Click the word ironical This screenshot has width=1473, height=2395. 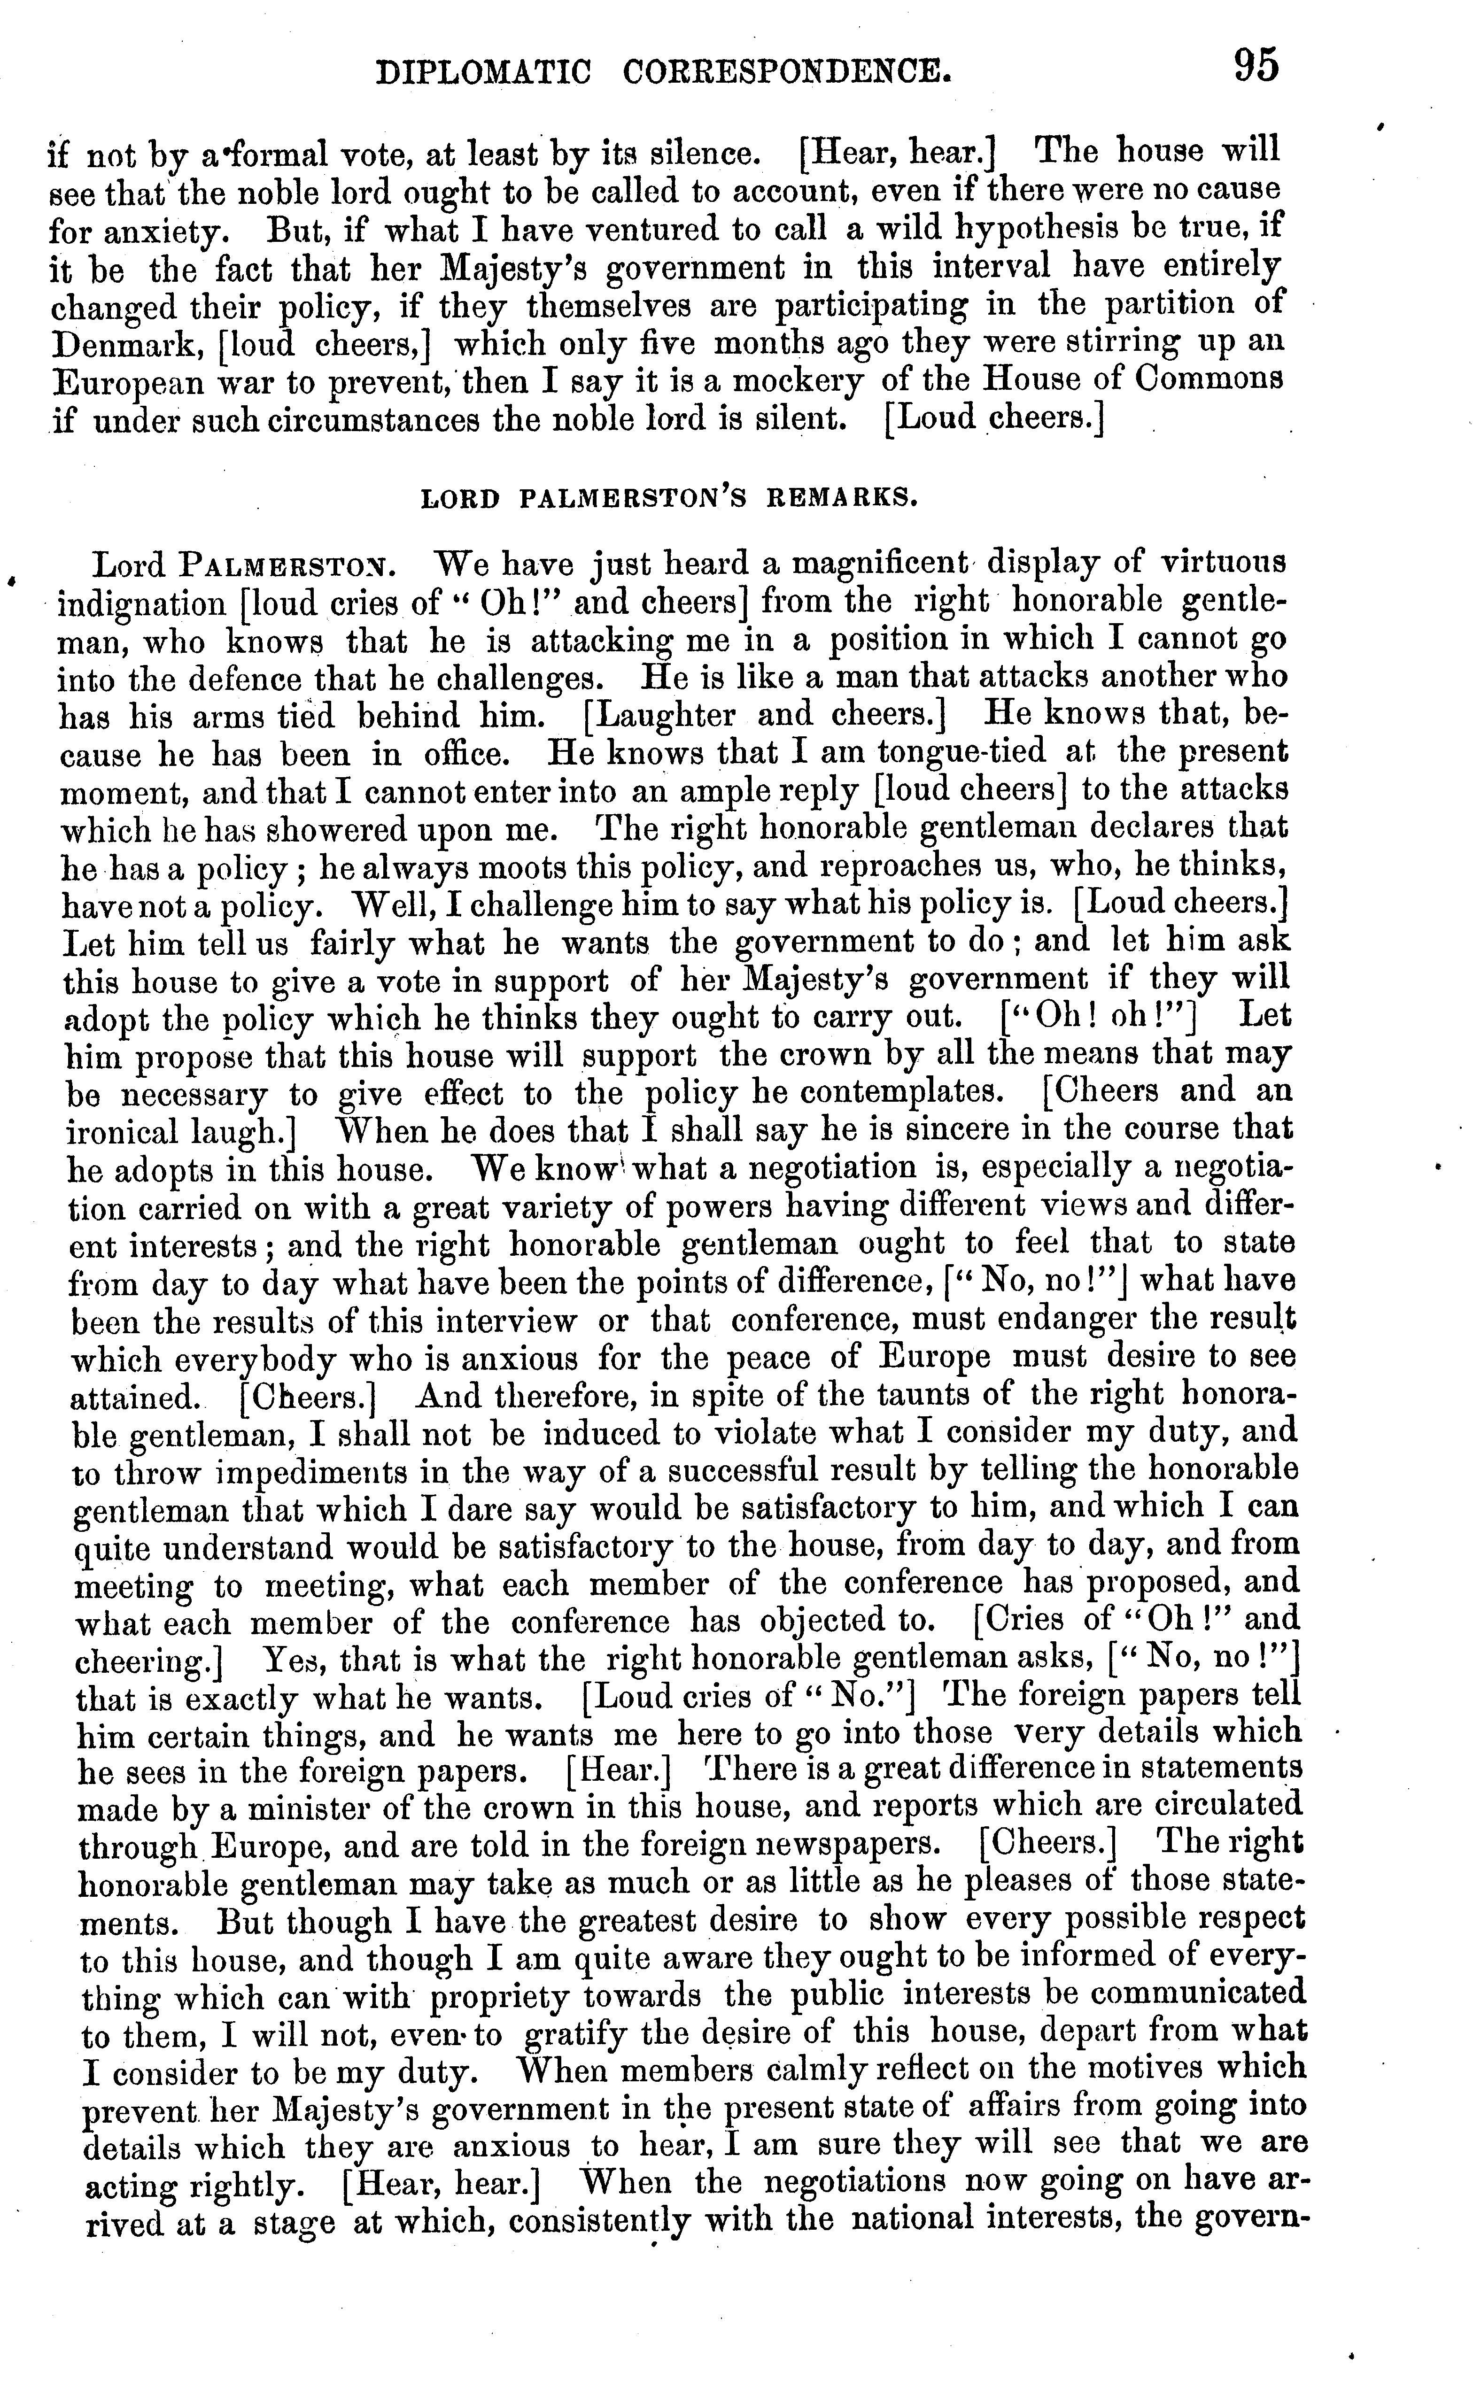click(x=124, y=1133)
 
